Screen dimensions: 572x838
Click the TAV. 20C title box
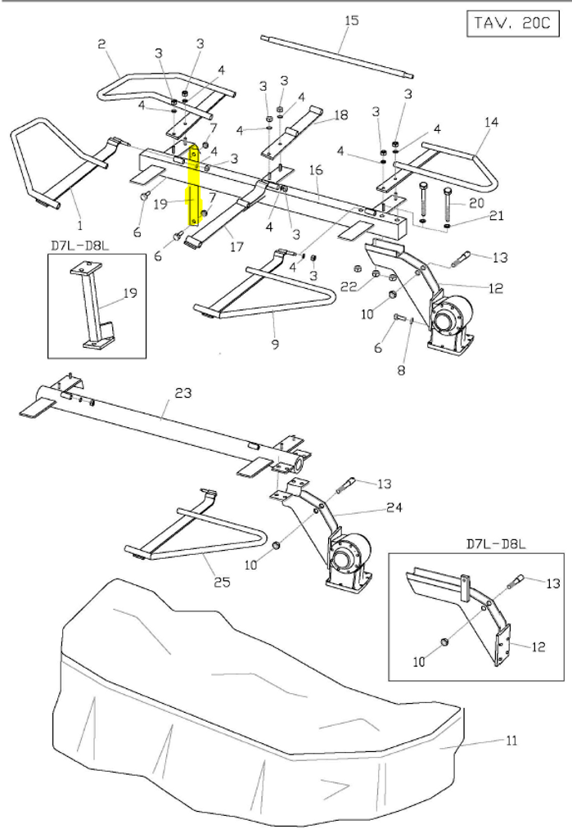pos(512,24)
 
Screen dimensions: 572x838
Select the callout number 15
pos(352,20)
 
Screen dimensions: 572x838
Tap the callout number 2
pos(101,44)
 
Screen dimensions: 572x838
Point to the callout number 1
pos(80,226)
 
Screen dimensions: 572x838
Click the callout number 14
pos(491,122)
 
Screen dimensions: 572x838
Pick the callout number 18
pos(340,115)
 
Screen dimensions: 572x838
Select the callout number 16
pos(316,169)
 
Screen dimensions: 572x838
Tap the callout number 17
pos(236,246)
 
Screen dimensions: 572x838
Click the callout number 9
pos(275,344)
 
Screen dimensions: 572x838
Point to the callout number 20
pos(476,203)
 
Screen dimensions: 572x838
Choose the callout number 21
pos(497,215)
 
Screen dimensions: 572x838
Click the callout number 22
pos(349,287)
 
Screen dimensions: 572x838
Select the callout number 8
pos(402,370)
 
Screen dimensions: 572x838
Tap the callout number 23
pos(182,393)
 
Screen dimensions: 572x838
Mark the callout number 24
pos(394,507)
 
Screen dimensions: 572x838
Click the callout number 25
pos(222,581)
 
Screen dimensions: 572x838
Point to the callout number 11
pos(511,741)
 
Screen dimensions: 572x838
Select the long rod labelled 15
pos(338,56)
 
